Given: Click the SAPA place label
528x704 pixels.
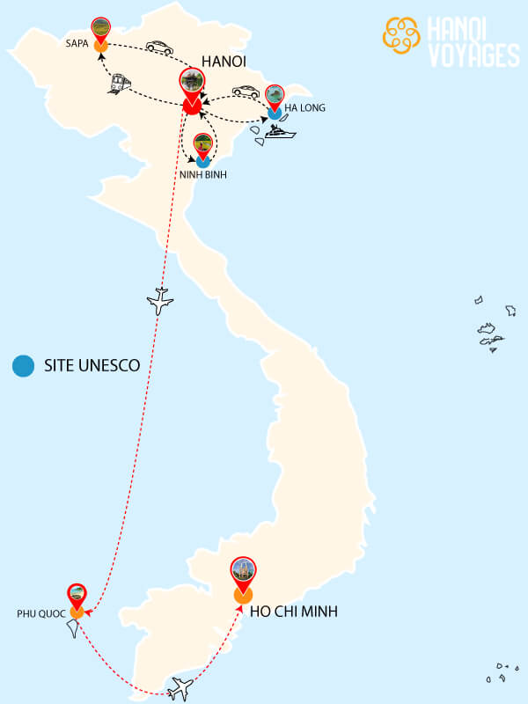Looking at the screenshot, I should [77, 42].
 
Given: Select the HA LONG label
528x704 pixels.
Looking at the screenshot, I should [305, 107].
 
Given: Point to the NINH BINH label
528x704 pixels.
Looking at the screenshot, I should [202, 175].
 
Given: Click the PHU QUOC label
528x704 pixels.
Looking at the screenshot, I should [40, 612].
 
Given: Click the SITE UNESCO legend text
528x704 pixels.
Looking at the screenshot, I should [92, 365].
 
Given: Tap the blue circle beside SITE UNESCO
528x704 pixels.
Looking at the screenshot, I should [23, 365].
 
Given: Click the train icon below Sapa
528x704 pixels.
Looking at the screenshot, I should [119, 83].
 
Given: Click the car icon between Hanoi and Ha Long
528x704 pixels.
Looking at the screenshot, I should [245, 92].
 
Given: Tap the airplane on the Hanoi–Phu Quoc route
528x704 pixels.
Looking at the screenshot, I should [160, 301].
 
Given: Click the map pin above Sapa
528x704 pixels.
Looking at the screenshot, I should [100, 29].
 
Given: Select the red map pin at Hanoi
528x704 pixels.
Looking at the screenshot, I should [191, 85].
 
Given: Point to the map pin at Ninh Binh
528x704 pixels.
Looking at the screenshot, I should [203, 144].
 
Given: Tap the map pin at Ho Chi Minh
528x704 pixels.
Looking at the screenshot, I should [243, 574].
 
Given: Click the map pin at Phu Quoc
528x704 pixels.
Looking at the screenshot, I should [77, 595].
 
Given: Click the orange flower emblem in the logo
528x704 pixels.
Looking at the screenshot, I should [402, 33].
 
